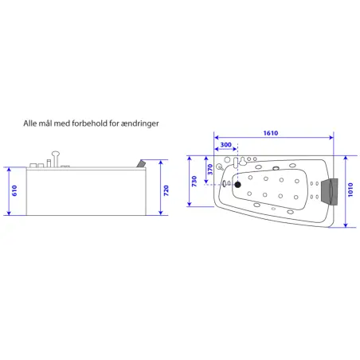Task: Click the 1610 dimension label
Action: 271,133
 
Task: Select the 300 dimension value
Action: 225,145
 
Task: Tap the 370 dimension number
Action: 210,170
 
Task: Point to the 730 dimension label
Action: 194,182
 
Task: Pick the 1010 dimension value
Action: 350,190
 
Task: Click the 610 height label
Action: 14,190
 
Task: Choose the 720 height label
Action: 166,190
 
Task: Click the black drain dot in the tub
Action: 237,185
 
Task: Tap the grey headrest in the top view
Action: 329,190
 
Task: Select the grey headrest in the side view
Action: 141,163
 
